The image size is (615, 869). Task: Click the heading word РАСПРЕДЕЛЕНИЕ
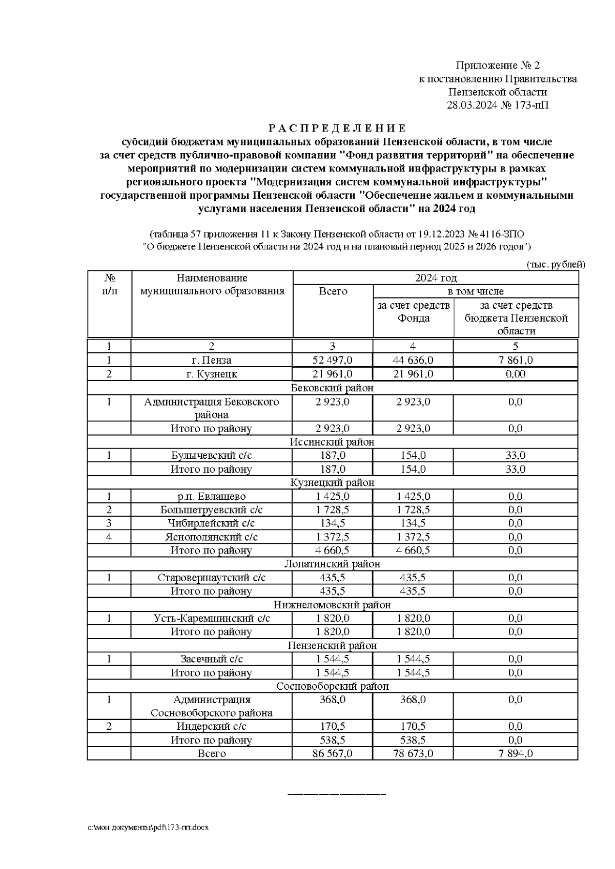tap(337, 128)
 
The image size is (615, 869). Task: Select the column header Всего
tap(333, 291)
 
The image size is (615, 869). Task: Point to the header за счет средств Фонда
tap(413, 312)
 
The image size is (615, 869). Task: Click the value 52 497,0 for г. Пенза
tap(333, 360)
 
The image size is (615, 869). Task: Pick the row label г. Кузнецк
tap(212, 374)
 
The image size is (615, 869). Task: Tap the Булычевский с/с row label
tap(212, 455)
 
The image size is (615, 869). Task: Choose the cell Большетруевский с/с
tap(212, 510)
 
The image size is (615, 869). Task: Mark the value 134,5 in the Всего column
tap(333, 523)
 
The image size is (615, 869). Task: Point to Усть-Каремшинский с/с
tap(212, 618)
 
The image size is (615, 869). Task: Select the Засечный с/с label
tap(212, 659)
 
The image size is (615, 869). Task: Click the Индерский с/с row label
tap(212, 726)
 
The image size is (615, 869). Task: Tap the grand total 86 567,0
tap(333, 753)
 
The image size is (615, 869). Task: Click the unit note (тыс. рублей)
tap(556, 264)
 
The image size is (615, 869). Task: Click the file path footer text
tap(148, 828)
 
